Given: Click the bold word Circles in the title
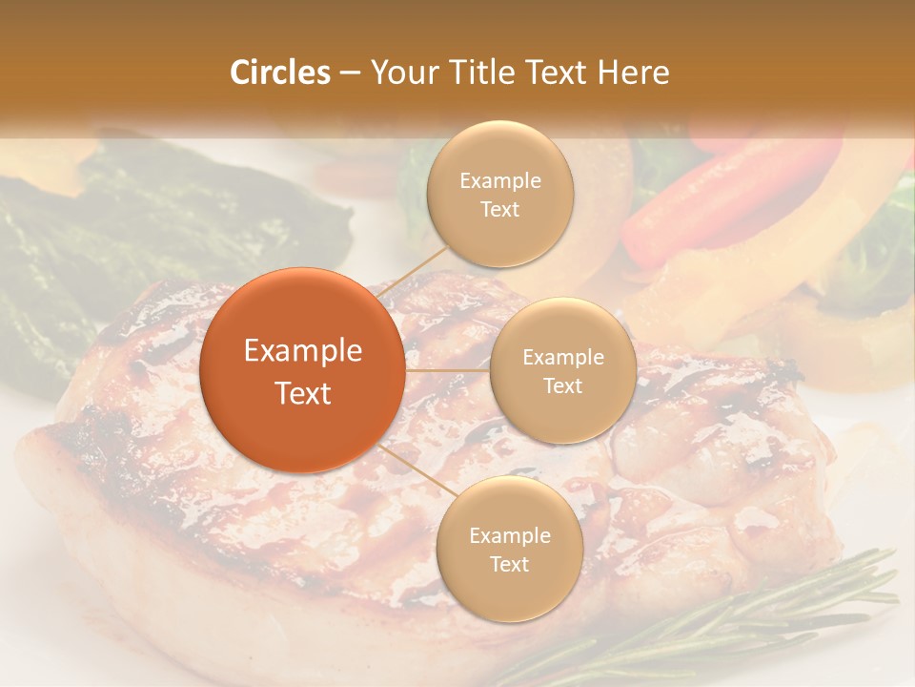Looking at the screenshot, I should point(280,73).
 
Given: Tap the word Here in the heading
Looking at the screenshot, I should point(633,73).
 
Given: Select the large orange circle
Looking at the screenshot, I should point(303,370).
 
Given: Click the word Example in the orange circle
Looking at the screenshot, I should point(303,351).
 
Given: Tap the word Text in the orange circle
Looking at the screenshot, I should point(303,393).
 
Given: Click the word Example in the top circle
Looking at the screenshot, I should point(500,181).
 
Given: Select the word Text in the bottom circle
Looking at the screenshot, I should point(509,565).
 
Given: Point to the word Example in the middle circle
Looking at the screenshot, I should point(562,358).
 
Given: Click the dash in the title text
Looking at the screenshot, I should point(350,73).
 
